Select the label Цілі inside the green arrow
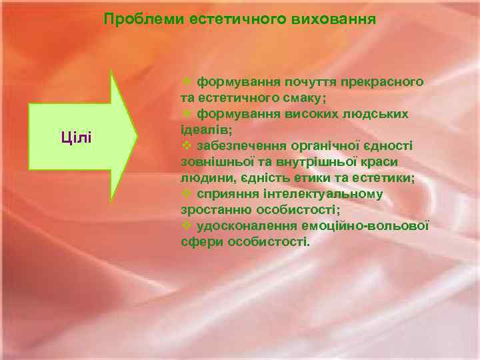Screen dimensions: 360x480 77,137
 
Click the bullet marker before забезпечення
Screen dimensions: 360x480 187,145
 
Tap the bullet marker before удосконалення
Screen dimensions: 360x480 187,225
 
